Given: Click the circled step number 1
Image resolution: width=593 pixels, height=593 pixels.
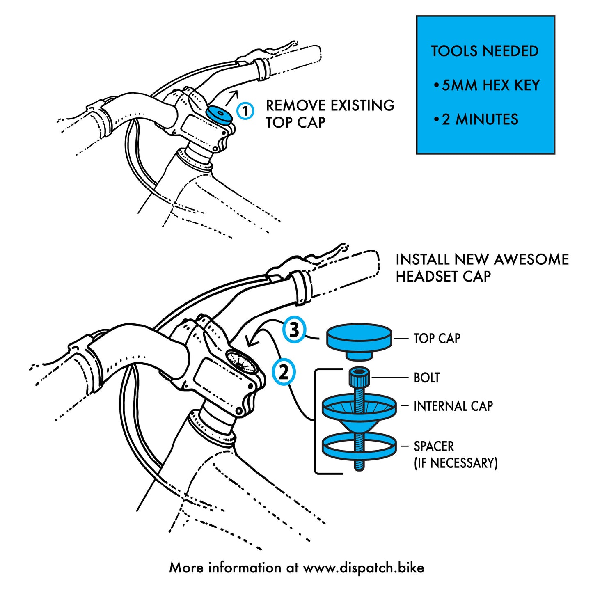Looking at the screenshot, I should [245, 111].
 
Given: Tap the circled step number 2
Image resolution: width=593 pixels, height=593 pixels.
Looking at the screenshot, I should [284, 372].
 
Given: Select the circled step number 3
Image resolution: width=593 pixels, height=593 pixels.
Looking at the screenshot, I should [294, 330].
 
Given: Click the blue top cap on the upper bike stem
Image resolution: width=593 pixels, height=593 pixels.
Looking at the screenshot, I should [219, 113].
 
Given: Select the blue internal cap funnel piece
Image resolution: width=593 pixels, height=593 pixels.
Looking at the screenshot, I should [359, 410].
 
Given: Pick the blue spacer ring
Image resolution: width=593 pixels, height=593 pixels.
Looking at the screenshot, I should [359, 446].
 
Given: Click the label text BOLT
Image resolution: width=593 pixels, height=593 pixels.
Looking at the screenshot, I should [426, 378].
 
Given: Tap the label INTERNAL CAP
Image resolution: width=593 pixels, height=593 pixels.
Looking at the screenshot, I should [453, 406].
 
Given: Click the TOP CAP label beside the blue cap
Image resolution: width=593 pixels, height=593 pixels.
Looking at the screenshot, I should [437, 339].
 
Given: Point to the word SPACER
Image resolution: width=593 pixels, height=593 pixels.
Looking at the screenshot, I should [434, 446].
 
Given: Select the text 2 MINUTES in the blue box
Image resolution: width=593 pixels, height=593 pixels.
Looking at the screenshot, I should [480, 119].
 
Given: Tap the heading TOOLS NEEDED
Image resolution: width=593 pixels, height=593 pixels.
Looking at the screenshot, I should [485, 51].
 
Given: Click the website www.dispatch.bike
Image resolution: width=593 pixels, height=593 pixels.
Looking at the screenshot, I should [363, 568].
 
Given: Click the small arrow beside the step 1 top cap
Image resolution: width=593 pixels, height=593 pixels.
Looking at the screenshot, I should [233, 98].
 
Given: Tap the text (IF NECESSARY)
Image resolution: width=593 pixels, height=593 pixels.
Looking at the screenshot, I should [456, 463].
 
